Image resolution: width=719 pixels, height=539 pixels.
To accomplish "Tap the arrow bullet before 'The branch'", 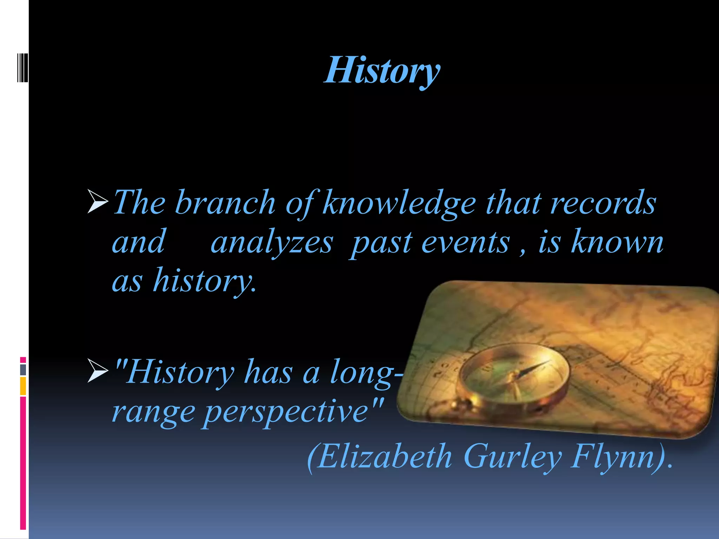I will [x=98, y=201].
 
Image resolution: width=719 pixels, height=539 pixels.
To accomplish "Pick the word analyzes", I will [x=272, y=243].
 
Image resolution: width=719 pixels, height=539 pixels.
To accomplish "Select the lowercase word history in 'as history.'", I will [x=205, y=281].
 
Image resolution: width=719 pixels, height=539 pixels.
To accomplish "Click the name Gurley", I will [x=512, y=457].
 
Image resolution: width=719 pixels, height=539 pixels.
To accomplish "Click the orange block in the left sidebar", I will [x=23, y=386].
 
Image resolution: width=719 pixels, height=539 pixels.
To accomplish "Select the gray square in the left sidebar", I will [x=23, y=370].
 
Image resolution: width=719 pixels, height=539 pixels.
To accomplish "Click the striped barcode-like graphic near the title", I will [x=22, y=68].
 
